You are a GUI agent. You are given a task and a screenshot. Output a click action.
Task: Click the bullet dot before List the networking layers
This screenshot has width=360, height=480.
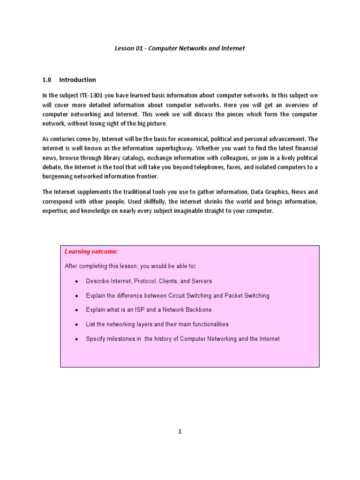[x=76, y=324]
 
